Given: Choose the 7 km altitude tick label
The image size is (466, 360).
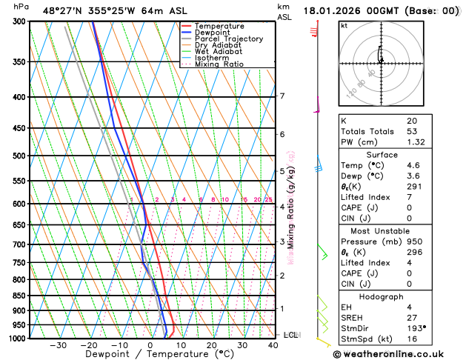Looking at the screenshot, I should click(x=282, y=96).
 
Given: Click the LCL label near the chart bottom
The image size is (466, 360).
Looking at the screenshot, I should click(x=290, y=335).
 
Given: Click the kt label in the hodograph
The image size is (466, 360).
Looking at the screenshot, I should click(x=344, y=26).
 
